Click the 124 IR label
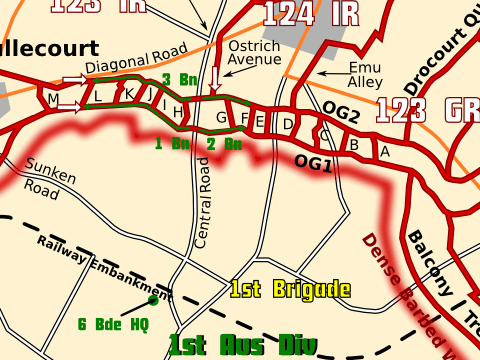point(298,12)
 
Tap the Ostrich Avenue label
point(255,53)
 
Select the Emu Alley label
point(366,75)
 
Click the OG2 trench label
point(341,113)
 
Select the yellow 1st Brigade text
point(290,290)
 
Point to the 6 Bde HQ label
point(113,324)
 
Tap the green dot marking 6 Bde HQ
point(153,300)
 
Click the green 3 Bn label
point(180,79)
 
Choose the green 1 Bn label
point(172,143)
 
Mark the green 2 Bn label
point(224,143)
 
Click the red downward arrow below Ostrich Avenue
point(216,80)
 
